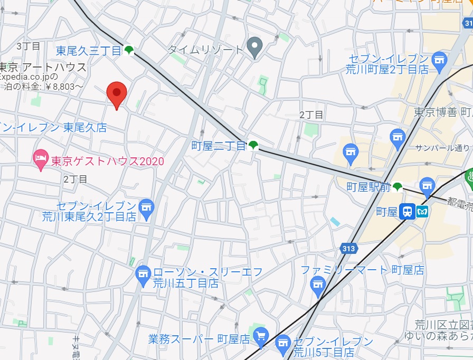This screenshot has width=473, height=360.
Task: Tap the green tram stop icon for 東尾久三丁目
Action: (129, 51)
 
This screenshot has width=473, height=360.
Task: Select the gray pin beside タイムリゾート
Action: (255, 48)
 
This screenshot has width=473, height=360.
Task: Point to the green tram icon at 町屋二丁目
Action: (254, 145)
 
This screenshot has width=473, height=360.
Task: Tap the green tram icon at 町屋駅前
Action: (398, 186)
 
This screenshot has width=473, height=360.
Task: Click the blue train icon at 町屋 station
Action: (407, 212)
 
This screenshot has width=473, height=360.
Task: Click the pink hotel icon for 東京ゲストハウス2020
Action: (41, 157)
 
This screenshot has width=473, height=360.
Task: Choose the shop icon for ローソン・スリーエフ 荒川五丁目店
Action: (143, 273)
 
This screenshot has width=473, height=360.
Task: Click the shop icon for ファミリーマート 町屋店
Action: (317, 287)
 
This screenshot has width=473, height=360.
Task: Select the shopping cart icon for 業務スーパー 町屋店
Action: (260, 335)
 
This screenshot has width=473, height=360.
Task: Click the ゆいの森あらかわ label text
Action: (438, 336)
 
